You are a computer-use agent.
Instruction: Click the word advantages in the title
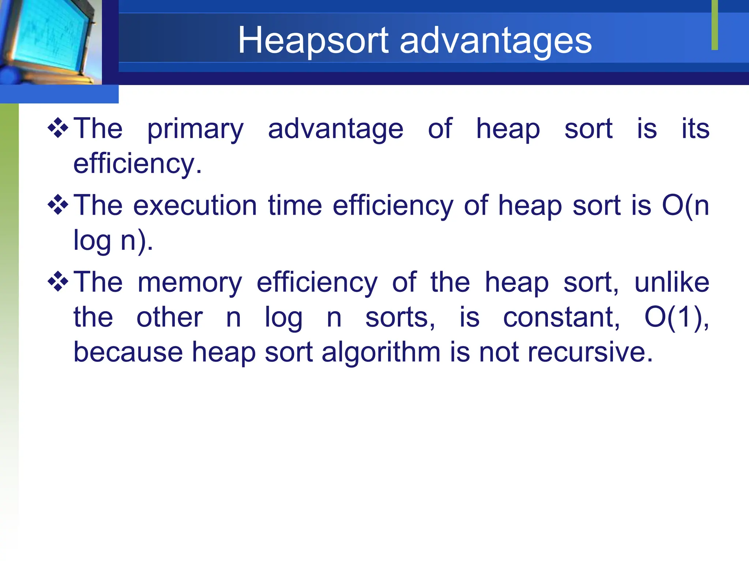496,41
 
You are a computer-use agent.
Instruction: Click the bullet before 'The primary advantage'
58,128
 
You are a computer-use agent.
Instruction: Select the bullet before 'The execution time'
58,205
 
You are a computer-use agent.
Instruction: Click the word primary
195,130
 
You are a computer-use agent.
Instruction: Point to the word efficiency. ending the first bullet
138,164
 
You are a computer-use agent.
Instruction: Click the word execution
195,206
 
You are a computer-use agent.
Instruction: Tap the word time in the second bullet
295,206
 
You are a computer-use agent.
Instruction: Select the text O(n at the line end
685,206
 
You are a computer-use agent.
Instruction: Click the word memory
190,283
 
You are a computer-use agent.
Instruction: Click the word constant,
562,317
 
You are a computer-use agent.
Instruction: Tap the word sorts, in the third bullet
400,317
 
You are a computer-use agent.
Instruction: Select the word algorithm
381,353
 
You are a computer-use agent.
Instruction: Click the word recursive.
590,352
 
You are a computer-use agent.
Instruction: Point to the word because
128,352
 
